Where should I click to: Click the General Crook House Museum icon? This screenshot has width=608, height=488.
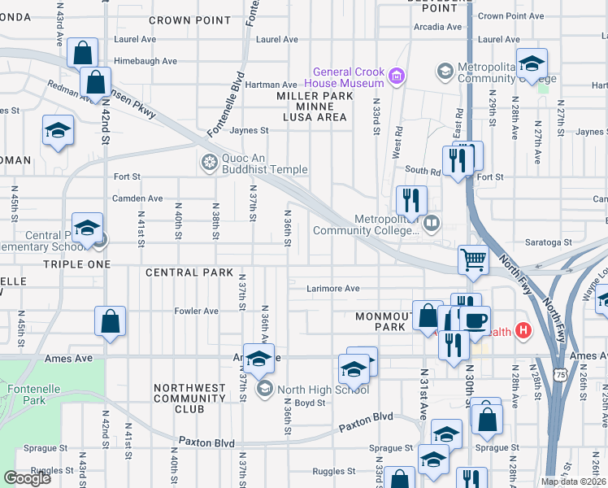coord(397,77)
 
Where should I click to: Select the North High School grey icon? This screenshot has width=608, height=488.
coord(264,390)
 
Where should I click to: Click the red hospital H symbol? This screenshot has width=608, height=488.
coord(523,331)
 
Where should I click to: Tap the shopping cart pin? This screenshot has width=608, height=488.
coord(473,260)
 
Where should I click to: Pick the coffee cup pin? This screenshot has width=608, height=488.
coord(476,319)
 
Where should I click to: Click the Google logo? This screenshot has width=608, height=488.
coord(27,478)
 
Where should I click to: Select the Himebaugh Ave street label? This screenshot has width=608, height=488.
coord(145,61)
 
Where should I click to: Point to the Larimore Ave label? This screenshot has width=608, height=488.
coord(333,288)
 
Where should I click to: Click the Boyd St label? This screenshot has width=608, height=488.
coord(310,403)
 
